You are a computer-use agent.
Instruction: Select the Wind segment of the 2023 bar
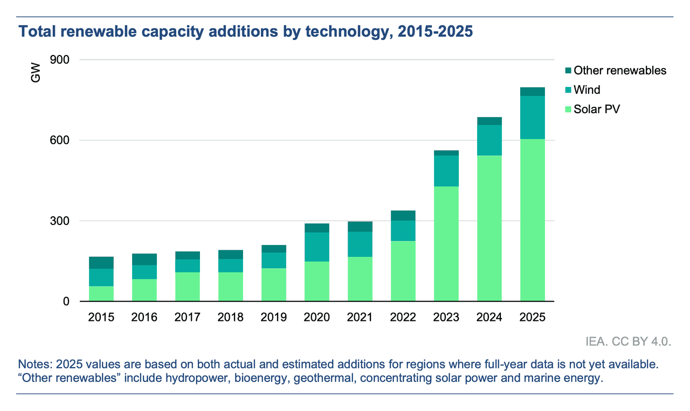coord(446,171)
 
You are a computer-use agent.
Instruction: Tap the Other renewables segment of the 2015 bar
coord(101,263)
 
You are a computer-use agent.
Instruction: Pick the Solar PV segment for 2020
coord(316,281)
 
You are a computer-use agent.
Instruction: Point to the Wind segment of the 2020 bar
coord(316,247)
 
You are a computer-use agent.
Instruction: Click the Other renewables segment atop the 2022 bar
coord(403,216)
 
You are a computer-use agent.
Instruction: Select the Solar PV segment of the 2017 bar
coord(188,286)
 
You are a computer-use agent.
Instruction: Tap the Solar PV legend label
coord(597,109)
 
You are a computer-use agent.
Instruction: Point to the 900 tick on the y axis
coord(59,59)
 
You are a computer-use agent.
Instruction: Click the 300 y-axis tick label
coord(59,221)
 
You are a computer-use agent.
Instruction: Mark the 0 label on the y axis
coord(66,302)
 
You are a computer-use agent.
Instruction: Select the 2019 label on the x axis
coord(274,317)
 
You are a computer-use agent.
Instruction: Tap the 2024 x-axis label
coord(489,317)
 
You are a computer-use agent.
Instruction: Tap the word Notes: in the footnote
coord(36,364)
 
